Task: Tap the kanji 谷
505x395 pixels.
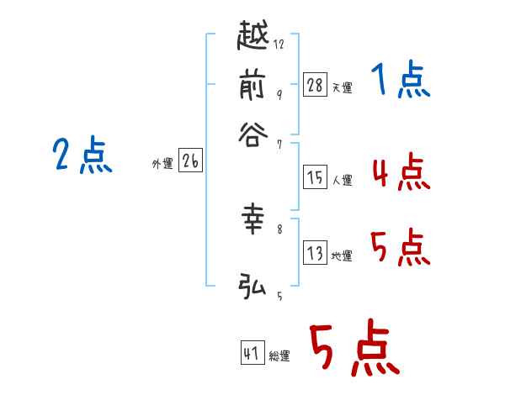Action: click(252, 134)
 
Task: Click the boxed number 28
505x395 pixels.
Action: click(315, 84)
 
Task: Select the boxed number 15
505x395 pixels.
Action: click(315, 177)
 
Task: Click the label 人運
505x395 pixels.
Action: click(342, 180)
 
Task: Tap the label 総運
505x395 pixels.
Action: click(279, 356)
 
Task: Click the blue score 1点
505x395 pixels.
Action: click(400, 82)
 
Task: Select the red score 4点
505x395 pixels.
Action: click(400, 173)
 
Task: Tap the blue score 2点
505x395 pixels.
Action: click(82, 155)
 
